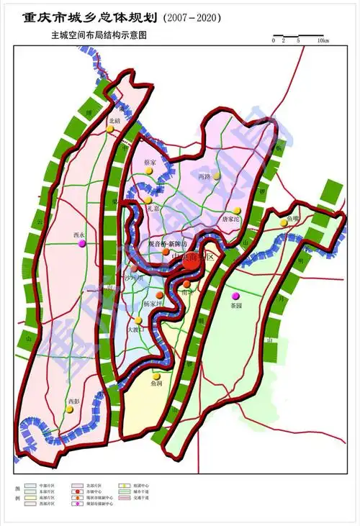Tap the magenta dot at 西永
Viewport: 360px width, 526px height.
click(x=81, y=243)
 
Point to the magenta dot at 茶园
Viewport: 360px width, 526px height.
click(x=234, y=296)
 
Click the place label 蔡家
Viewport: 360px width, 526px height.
click(x=150, y=163)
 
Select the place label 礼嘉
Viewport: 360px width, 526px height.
click(x=151, y=209)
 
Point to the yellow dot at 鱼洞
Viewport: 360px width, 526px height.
click(x=154, y=376)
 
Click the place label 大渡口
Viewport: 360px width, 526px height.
click(x=135, y=330)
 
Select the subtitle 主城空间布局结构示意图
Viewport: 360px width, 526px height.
click(x=98, y=35)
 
